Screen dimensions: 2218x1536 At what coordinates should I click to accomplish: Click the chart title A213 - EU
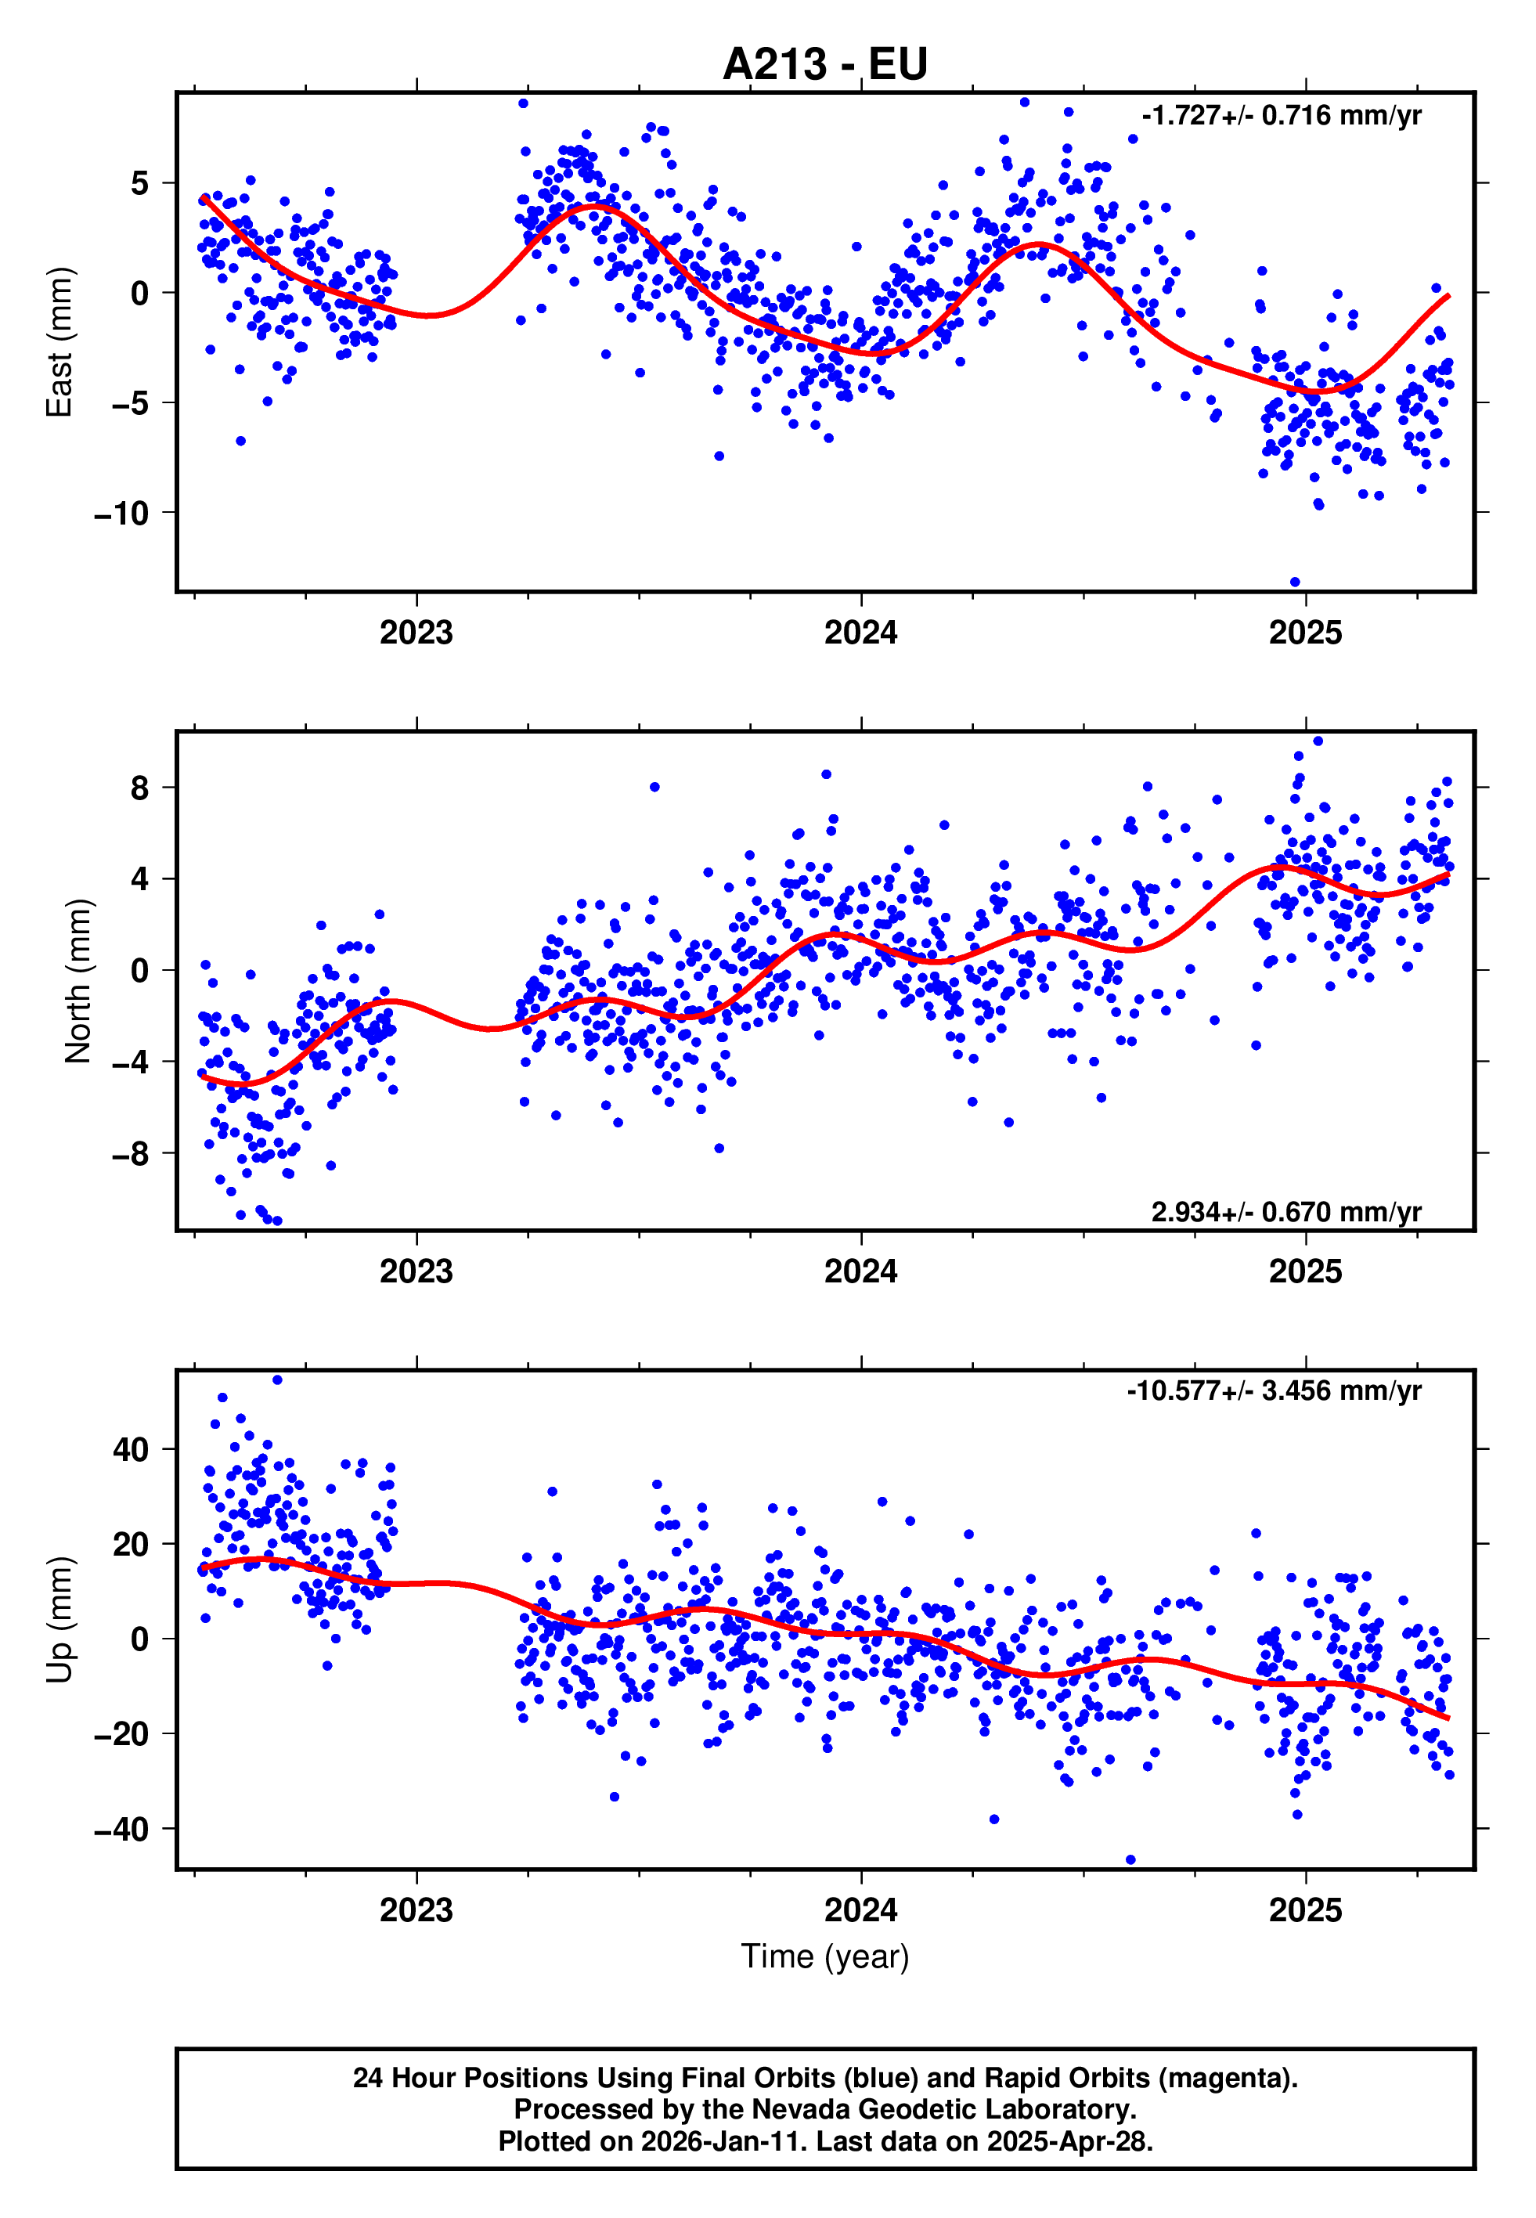tap(825, 64)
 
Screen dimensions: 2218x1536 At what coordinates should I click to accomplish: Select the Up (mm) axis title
tap(59, 1620)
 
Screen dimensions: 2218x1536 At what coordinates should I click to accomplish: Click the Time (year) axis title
tap(825, 1957)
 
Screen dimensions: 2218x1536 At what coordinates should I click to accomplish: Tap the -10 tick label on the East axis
tap(121, 514)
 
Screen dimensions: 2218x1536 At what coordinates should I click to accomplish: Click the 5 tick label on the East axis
tap(140, 183)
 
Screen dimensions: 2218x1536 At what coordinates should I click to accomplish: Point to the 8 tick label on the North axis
tap(140, 788)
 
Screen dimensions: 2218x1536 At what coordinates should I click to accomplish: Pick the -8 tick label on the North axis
tap(131, 1154)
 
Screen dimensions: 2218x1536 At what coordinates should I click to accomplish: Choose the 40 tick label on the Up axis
tap(131, 1449)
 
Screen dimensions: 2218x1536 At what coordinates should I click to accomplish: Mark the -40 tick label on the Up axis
tap(121, 1829)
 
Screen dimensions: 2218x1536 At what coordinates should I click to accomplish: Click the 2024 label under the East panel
tap(860, 633)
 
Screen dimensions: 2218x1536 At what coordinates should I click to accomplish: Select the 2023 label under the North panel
tap(416, 1271)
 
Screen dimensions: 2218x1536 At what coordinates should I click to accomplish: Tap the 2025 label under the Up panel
tap(1305, 1910)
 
